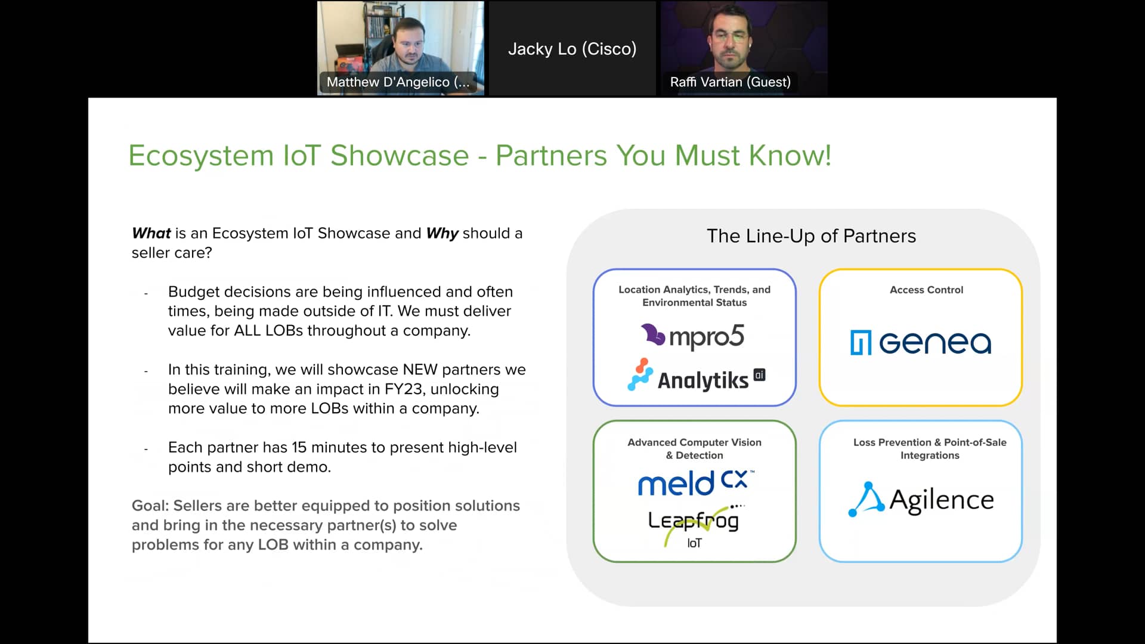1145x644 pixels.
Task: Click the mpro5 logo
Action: (693, 336)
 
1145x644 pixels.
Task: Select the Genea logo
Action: (921, 342)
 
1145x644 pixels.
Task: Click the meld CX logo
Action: (695, 483)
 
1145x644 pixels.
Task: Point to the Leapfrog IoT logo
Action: (694, 525)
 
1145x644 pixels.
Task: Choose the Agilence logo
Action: (921, 500)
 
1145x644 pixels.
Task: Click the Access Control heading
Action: (926, 290)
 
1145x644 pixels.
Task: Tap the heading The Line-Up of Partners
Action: (811, 236)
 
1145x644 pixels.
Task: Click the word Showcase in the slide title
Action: (400, 156)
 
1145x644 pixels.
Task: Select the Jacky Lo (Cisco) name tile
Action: (572, 49)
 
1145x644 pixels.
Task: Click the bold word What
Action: (151, 233)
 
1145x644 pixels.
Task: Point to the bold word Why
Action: (442, 233)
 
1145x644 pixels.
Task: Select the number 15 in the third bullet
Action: (299, 448)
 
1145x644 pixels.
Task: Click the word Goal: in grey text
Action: (150, 506)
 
